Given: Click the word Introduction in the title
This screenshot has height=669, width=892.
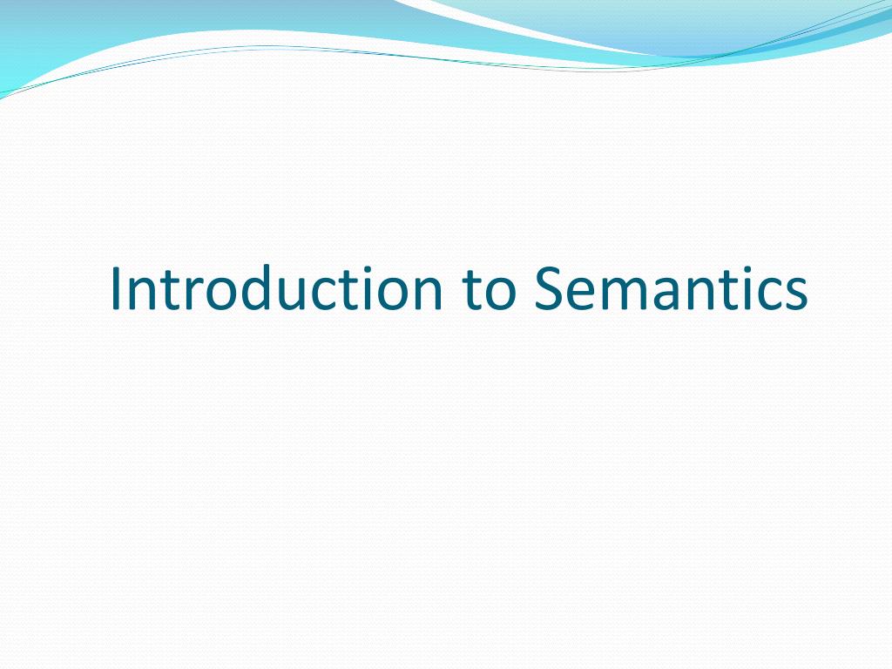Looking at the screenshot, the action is click(x=276, y=287).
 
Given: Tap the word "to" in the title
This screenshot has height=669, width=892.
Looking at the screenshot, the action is click(x=489, y=290).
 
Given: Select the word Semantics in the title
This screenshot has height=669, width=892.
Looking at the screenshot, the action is click(x=671, y=287).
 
